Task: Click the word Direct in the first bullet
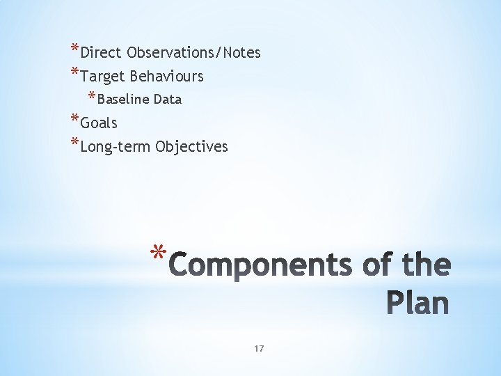pyautogui.click(x=102, y=52)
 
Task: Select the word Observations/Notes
pyautogui.click(x=193, y=52)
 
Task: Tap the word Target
pyautogui.click(x=102, y=76)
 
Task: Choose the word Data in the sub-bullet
pyautogui.click(x=168, y=100)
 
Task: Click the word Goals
pyautogui.click(x=99, y=123)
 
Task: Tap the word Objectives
pyautogui.click(x=192, y=147)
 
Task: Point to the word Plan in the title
pyautogui.click(x=417, y=304)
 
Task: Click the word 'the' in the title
pyautogui.click(x=424, y=265)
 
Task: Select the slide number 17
pyautogui.click(x=259, y=348)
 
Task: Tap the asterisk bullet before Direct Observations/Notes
pyautogui.click(x=74, y=49)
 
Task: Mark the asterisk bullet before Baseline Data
pyautogui.click(x=92, y=96)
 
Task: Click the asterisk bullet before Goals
pyautogui.click(x=74, y=120)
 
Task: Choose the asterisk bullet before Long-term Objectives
pyautogui.click(x=74, y=143)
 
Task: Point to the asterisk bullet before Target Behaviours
pyautogui.click(x=74, y=72)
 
